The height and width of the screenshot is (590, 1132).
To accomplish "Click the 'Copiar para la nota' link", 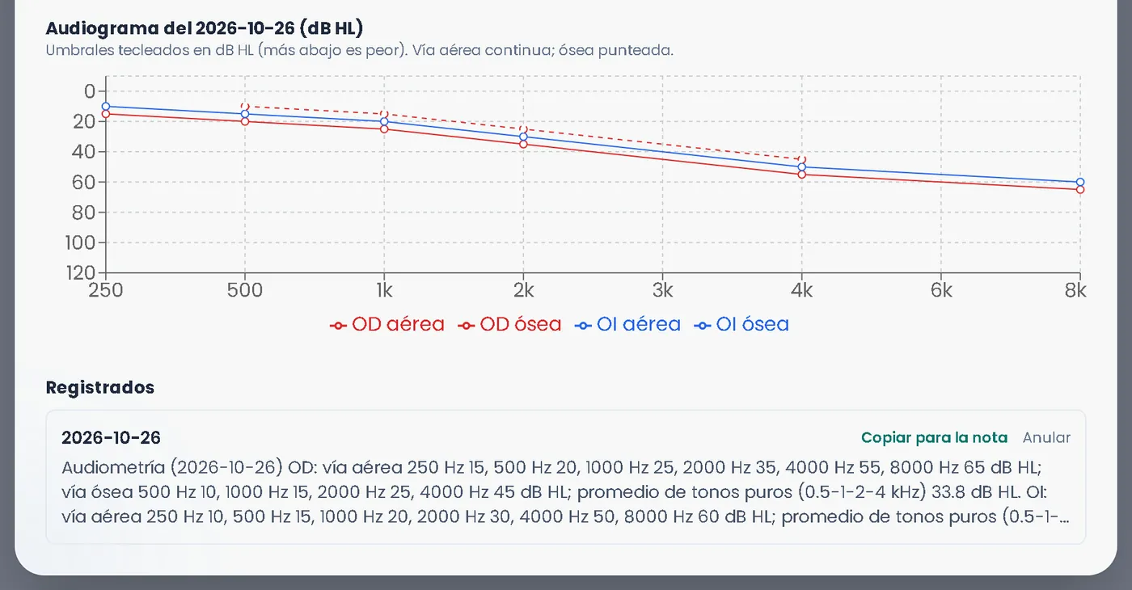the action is coord(934,437).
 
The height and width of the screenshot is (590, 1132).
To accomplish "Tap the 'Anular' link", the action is coord(1046,437).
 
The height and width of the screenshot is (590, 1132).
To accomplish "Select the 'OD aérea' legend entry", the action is coord(387,324).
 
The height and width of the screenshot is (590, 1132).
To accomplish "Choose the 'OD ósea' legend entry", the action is coord(509,324).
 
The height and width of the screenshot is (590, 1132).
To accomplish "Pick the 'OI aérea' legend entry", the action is coord(627,324).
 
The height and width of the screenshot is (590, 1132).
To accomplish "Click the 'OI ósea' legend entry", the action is coord(741,324).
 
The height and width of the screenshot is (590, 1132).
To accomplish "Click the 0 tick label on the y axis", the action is coord(90,91).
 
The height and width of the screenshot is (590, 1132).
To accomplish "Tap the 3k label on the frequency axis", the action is coord(662,290).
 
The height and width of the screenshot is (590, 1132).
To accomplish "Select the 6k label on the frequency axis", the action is coord(941,290).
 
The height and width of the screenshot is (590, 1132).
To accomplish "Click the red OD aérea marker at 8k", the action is coord(1080,189).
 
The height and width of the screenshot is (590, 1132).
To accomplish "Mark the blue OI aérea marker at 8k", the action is coord(1080,182).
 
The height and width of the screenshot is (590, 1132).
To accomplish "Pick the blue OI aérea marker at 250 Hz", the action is coord(106,107).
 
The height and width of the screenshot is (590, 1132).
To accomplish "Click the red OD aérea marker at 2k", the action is coord(524,144).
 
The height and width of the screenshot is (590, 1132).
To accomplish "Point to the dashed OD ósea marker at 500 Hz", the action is coord(245,107).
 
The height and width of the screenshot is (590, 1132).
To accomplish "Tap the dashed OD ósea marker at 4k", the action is coord(802,160).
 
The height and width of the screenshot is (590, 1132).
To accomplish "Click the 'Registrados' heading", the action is coord(100,387).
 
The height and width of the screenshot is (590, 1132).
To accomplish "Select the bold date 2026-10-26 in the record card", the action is coord(112,437).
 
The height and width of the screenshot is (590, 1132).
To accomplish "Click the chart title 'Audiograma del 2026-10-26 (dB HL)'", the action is coord(205,28).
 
